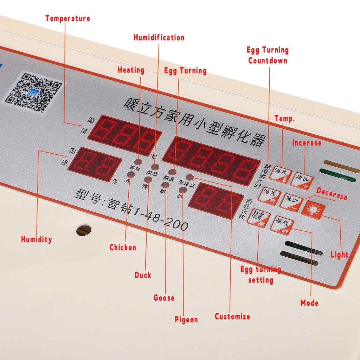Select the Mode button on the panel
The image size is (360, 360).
pos(282,224)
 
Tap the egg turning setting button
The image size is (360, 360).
pos(258,218)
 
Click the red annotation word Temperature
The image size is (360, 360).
pos(67,18)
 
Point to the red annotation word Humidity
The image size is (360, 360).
pos(36,240)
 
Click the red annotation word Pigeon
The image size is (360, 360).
pos(186,320)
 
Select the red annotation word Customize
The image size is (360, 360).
pos(232,316)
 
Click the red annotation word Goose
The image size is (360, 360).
pos(164,298)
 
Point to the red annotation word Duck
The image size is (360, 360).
pos(143,275)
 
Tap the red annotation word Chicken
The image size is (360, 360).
pos(123,247)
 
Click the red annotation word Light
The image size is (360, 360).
pos(339,255)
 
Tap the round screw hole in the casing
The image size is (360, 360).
pos(84,230)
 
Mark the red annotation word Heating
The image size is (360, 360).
pos(131,70)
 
